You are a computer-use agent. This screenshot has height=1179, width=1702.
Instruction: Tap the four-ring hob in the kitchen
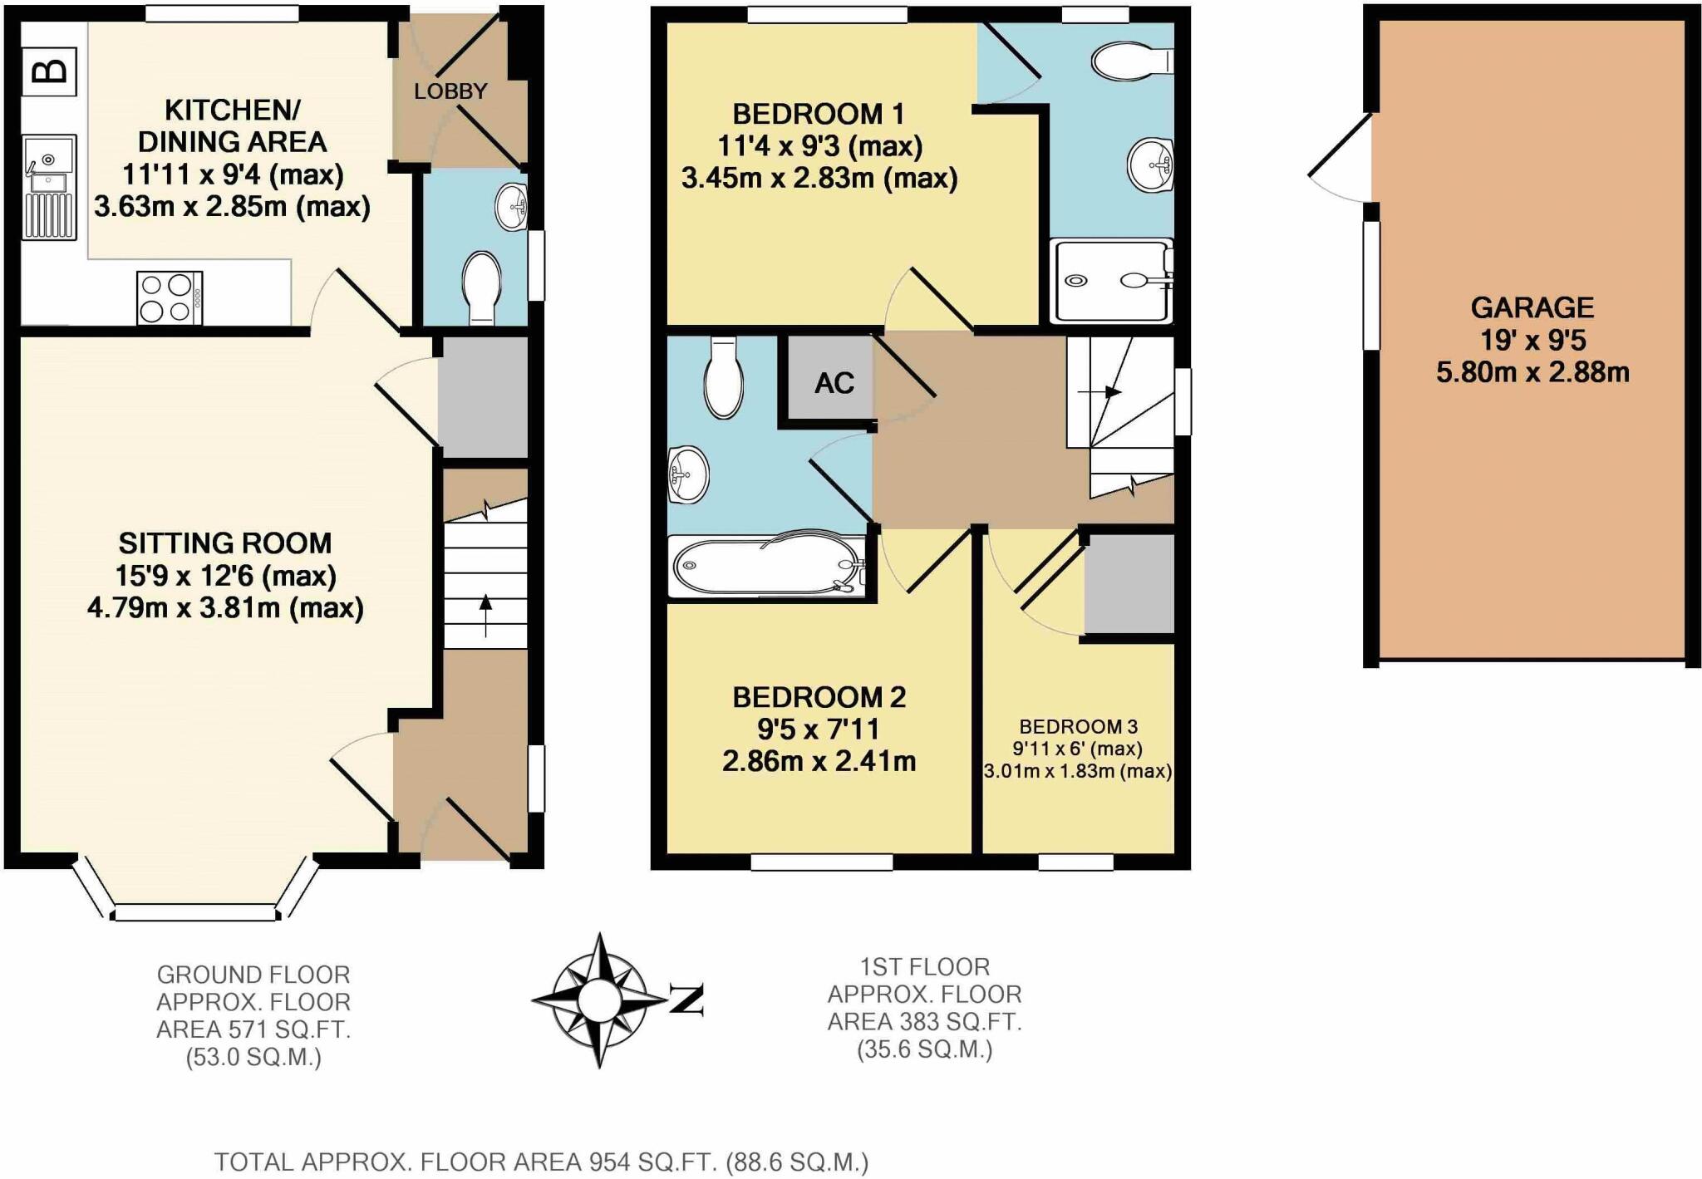point(169,298)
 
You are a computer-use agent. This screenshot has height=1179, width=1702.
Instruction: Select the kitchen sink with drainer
point(50,187)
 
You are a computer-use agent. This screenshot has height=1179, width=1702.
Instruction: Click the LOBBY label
point(450,91)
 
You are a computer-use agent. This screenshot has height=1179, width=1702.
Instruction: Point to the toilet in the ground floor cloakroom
point(481,287)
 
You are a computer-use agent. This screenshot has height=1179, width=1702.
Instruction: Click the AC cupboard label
point(834,383)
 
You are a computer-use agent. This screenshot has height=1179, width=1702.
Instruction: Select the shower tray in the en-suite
point(1110,281)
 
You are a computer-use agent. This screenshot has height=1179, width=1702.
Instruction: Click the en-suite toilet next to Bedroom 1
point(1130,61)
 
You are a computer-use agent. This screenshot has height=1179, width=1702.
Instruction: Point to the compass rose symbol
point(598,1000)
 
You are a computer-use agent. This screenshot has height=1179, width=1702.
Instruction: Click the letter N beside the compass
point(686,1000)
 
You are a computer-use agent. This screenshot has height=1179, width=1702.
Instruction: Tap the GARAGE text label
point(1532,308)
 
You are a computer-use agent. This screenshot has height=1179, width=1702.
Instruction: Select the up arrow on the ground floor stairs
point(485,615)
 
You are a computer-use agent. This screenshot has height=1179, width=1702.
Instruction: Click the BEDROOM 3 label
point(1078,726)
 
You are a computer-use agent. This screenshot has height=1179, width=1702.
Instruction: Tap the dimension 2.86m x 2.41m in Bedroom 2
point(819,761)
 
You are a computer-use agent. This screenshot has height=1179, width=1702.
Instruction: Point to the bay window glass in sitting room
point(194,913)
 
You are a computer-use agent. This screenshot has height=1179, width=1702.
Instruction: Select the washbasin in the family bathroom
point(688,474)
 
